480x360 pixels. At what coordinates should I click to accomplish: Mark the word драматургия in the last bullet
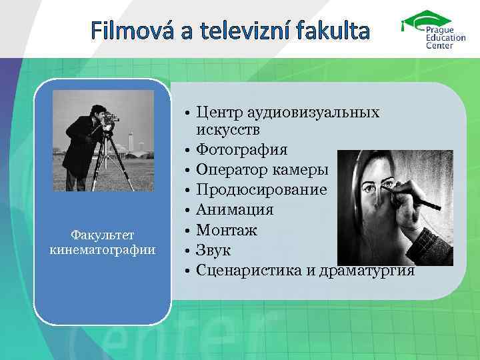click(367, 271)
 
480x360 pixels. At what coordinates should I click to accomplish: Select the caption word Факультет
click(103, 236)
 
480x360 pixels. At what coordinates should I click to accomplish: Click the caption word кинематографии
click(103, 250)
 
